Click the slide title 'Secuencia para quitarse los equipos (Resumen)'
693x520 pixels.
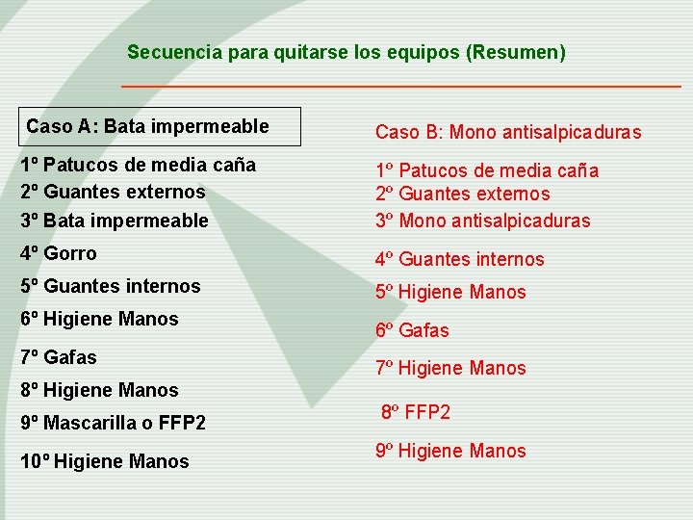click(x=346, y=52)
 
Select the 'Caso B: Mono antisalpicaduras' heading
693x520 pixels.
click(x=508, y=132)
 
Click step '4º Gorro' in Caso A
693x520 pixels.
click(x=59, y=253)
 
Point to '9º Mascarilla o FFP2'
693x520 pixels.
click(x=113, y=422)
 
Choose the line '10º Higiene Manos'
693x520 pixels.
click(x=104, y=461)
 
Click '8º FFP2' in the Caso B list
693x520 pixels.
click(x=416, y=412)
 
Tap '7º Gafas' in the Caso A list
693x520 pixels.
click(x=59, y=357)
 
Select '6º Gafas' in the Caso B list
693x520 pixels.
click(x=412, y=330)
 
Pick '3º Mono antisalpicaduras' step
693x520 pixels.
click(x=482, y=221)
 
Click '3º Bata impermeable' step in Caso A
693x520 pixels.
click(x=114, y=221)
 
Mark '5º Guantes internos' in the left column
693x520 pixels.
click(x=110, y=286)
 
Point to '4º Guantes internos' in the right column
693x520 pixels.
click(x=459, y=259)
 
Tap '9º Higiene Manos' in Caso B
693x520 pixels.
click(x=450, y=451)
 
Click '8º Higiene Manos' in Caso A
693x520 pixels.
click(x=99, y=390)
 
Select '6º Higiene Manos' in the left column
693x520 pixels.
click(x=99, y=319)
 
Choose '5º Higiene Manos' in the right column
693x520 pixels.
click(x=450, y=292)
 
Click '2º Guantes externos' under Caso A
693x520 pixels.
click(x=113, y=192)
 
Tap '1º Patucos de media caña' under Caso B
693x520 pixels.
click(x=487, y=170)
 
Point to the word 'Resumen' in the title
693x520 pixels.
click(x=514, y=52)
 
